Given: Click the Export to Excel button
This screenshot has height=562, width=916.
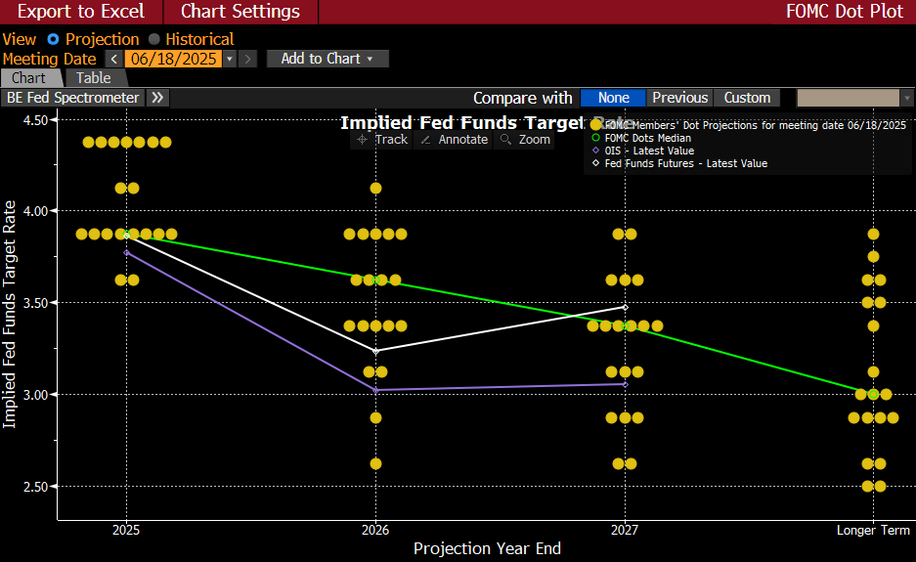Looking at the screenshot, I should click(x=81, y=12).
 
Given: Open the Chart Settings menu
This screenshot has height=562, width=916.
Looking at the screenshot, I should click(x=240, y=12).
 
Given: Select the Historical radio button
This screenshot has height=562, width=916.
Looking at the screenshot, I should click(x=154, y=39).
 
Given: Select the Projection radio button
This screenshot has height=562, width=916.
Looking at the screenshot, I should click(x=54, y=39).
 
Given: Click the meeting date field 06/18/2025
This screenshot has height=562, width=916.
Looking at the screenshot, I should click(x=173, y=59).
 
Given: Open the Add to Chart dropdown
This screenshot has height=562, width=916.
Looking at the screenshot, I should click(x=327, y=59).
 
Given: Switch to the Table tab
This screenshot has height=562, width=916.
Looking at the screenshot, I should click(x=94, y=78).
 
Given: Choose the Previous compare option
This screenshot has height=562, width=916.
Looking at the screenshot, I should click(x=679, y=98).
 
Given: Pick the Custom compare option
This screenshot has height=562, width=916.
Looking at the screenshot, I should click(x=747, y=98).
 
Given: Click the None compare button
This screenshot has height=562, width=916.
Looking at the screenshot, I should click(x=613, y=98).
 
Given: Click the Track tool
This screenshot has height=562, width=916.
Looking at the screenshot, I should click(x=383, y=140).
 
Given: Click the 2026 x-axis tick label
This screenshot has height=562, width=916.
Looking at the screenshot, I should click(x=375, y=530).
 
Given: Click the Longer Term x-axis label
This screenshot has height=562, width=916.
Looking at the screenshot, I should click(x=873, y=530).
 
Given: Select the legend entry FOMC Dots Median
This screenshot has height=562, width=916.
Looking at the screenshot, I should click(x=647, y=138).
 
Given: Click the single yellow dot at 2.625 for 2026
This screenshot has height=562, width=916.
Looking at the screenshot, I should click(x=375, y=463).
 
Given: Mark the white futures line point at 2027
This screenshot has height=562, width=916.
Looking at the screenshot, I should click(x=625, y=307).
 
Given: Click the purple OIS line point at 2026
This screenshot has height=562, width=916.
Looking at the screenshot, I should click(x=375, y=390).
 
